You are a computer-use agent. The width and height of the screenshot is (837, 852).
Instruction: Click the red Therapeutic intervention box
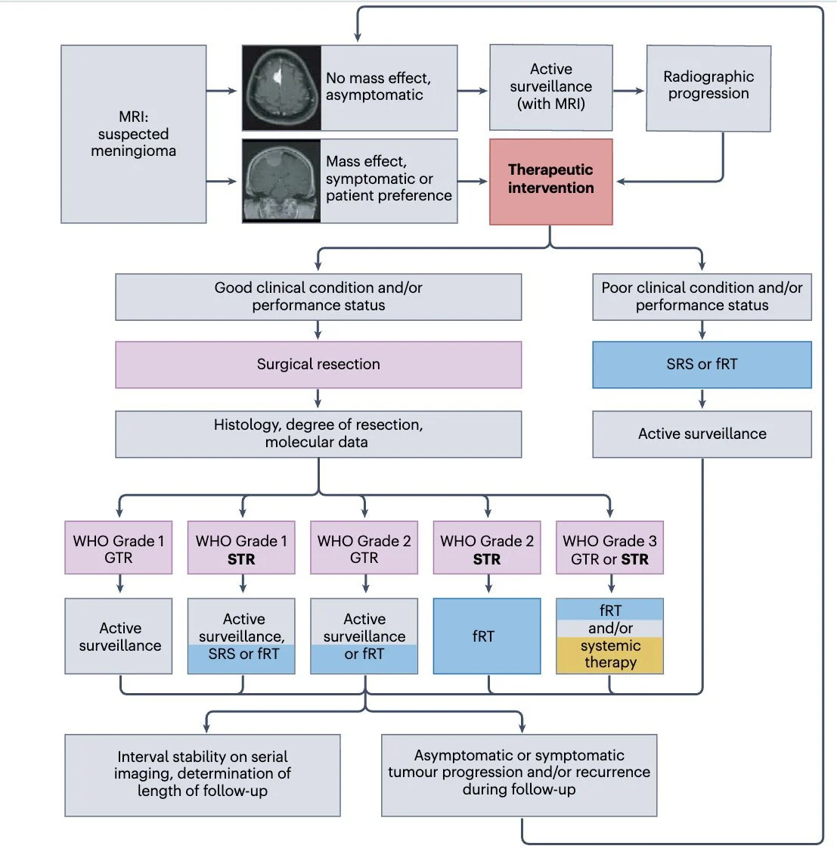[x=550, y=182]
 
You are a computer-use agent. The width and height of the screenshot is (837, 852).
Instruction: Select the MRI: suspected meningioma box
[x=133, y=134]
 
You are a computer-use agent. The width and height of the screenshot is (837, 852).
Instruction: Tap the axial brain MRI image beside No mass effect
[x=281, y=88]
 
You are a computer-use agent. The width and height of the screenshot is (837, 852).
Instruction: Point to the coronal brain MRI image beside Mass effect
[x=281, y=180]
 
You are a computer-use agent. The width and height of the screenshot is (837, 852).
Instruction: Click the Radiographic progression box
[x=708, y=88]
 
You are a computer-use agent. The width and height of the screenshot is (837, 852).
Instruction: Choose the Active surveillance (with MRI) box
[x=550, y=87]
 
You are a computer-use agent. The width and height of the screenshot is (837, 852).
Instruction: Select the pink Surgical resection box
[x=318, y=365]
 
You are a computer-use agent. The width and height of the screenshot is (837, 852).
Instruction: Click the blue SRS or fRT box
[x=701, y=365]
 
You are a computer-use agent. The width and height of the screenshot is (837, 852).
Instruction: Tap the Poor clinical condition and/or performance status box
[x=701, y=297]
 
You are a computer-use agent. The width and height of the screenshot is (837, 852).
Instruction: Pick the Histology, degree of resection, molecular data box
[x=318, y=434]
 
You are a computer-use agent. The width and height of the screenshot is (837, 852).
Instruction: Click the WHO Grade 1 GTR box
[x=119, y=548]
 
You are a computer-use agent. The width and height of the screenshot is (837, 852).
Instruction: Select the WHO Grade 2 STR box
[x=486, y=548]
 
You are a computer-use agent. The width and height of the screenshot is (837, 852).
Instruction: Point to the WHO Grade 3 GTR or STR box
[x=609, y=548]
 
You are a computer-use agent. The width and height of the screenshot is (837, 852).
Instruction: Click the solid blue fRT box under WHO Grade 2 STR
[x=486, y=636]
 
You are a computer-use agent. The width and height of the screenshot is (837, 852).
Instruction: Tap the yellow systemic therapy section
[x=609, y=655]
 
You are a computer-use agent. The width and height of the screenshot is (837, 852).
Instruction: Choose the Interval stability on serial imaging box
[x=202, y=775]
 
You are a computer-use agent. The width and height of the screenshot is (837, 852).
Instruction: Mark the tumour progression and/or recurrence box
[x=519, y=775]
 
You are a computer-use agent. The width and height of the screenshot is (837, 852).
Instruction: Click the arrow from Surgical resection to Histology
[x=318, y=399]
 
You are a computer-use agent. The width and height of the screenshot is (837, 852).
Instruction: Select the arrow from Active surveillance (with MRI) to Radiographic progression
[x=628, y=91]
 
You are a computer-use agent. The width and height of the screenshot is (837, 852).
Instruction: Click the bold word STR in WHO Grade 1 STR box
[x=241, y=560]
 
